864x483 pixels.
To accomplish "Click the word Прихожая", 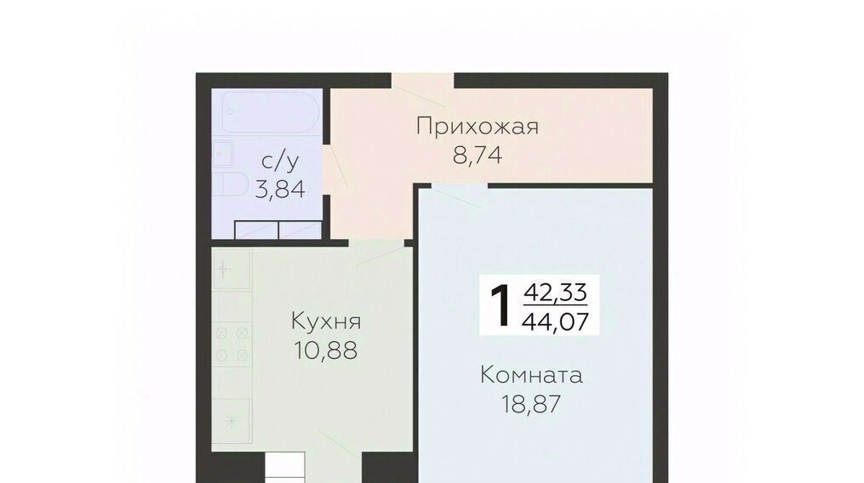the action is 478,127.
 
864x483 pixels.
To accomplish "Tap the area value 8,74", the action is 478,156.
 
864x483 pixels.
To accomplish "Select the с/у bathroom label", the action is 280,162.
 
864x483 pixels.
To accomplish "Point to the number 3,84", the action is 280,190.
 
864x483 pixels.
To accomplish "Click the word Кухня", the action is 326,321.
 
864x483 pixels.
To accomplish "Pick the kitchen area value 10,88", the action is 326,350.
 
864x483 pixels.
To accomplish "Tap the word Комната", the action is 531,375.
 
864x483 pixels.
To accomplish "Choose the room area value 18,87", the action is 531,404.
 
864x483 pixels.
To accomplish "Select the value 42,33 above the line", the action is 555,292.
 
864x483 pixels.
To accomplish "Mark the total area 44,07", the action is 555,321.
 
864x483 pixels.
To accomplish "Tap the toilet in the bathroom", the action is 232,184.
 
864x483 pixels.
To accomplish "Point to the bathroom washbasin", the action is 223,154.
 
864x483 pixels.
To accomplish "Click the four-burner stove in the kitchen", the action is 232,344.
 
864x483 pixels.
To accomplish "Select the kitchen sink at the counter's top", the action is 232,270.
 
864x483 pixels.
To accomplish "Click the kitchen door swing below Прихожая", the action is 380,254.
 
